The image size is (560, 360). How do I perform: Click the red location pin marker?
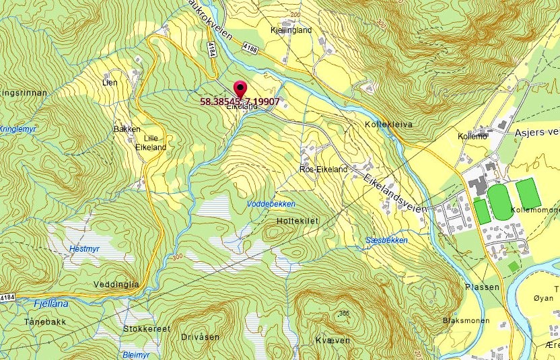tap(240, 89)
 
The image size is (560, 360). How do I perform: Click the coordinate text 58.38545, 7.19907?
tap(240, 102)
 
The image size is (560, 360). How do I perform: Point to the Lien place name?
tap(110, 82)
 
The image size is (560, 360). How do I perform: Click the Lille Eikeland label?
tap(151, 142)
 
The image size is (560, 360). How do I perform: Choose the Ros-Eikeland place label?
tap(323, 170)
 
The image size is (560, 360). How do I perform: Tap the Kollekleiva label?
tap(388, 125)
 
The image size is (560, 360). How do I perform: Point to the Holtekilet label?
tap(296, 221)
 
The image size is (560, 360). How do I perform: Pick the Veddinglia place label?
tap(116, 284)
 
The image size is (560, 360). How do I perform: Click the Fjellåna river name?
tap(50, 303)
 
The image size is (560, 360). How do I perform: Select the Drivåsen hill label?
tap(200, 336)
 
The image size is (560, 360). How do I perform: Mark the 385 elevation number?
tap(345, 313)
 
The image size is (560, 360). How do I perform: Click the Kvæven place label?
tap(332, 340)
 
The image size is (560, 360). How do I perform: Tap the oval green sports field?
tap(499, 201)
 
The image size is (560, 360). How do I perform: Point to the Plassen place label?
tap(482, 287)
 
